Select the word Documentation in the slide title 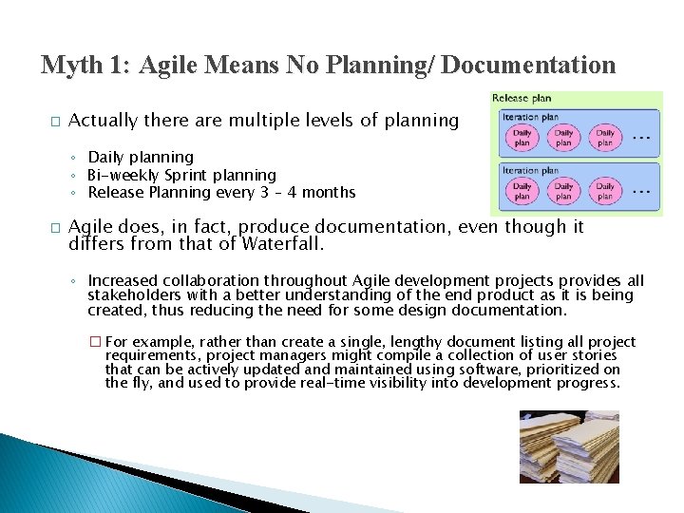click(x=528, y=65)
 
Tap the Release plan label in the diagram click(x=522, y=99)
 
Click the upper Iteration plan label click(x=530, y=118)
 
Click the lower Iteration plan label click(x=530, y=170)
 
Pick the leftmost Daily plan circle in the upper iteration click(x=522, y=138)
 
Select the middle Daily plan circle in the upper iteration click(x=564, y=138)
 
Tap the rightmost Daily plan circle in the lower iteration click(x=606, y=191)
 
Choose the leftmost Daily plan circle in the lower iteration click(x=522, y=191)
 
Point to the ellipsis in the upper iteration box click(x=641, y=138)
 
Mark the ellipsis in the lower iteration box click(x=641, y=191)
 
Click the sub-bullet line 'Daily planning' click(x=140, y=157)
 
